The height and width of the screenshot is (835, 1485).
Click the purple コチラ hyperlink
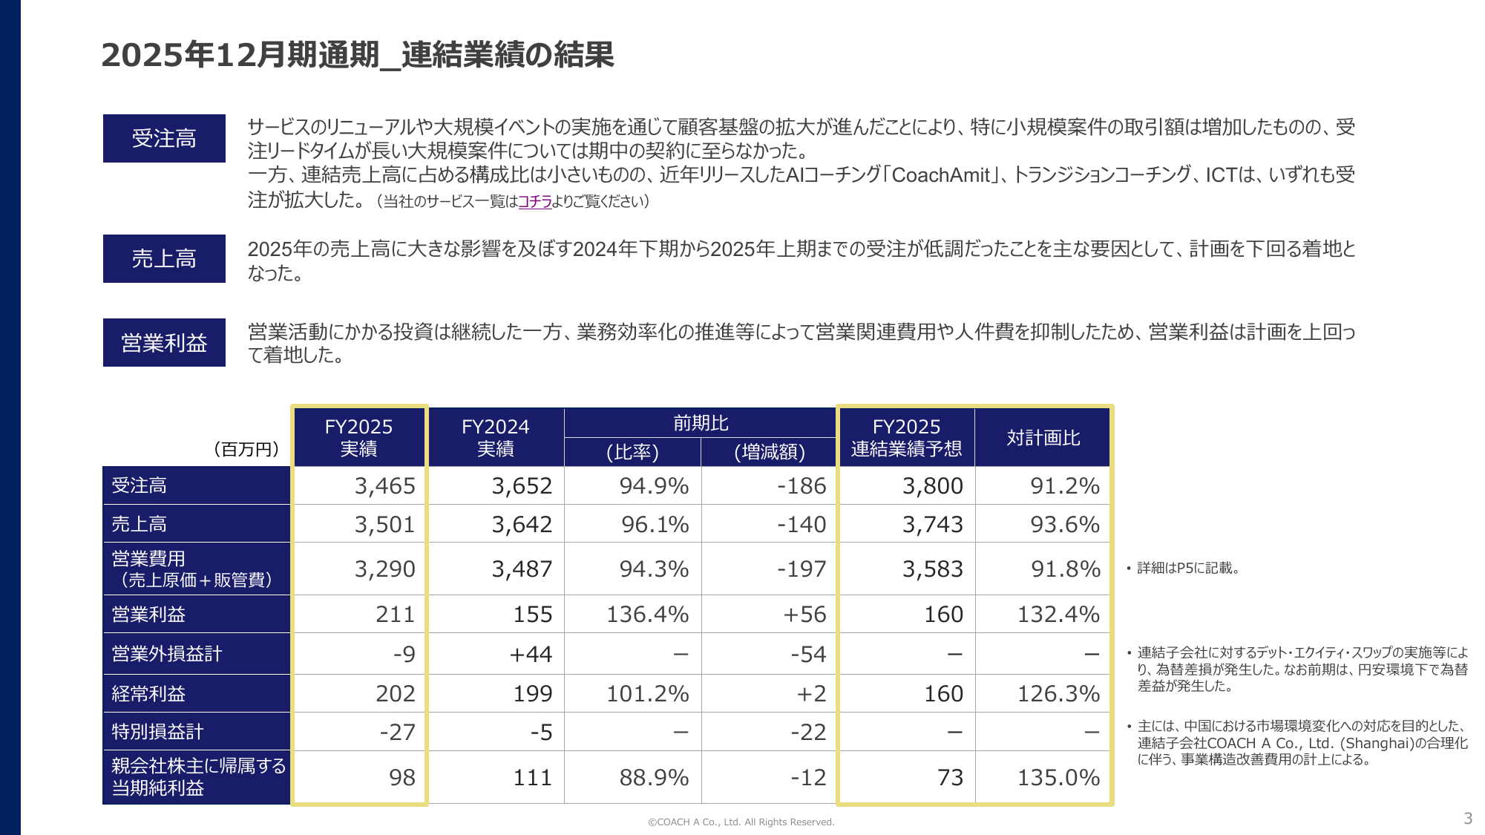click(534, 201)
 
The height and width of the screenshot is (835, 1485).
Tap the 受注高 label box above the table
click(164, 138)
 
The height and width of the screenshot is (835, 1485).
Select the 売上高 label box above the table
click(164, 258)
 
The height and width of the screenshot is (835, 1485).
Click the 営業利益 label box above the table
click(164, 342)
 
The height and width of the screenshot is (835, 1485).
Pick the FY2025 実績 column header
click(359, 437)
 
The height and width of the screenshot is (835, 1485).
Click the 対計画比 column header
click(1043, 438)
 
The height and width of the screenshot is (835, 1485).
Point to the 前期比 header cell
click(700, 423)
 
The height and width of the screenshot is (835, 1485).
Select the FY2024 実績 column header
click(496, 437)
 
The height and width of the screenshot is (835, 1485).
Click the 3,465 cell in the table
click(384, 486)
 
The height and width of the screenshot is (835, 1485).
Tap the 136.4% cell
click(647, 615)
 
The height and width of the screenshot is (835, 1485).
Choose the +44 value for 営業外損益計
click(531, 654)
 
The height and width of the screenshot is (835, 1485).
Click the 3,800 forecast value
click(932, 486)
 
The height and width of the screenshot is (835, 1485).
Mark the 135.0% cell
click(1058, 777)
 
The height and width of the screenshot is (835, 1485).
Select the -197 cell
click(801, 569)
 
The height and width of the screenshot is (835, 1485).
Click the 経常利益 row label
click(148, 694)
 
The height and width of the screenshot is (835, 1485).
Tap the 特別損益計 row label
click(157, 732)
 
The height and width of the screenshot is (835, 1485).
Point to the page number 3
click(1467, 819)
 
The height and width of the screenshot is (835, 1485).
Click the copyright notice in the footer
click(741, 822)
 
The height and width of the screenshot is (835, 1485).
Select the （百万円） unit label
click(246, 449)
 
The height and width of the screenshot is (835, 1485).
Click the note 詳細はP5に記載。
click(1187, 569)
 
